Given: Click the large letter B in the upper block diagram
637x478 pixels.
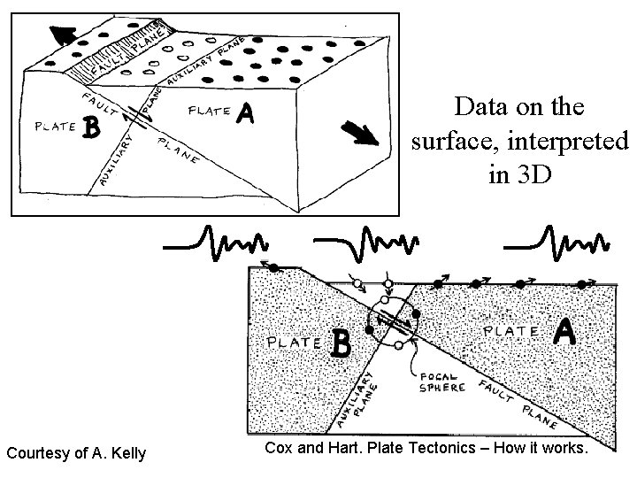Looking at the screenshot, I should [x=88, y=128].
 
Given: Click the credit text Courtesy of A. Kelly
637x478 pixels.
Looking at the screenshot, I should [x=76, y=454].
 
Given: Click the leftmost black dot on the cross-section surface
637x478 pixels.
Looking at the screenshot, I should [x=274, y=266].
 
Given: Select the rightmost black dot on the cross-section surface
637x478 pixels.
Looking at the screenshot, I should [x=581, y=283].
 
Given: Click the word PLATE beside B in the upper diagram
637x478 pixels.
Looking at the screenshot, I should [x=54, y=127].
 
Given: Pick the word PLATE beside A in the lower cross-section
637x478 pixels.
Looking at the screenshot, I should [x=511, y=331].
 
